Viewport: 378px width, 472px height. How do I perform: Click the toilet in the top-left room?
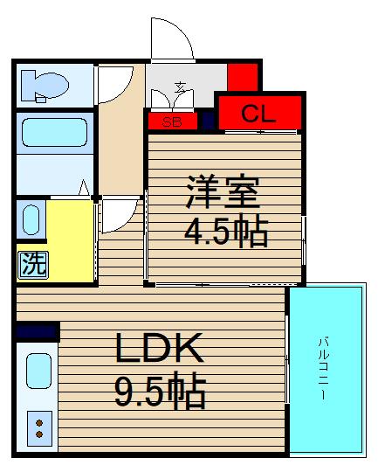[45, 85]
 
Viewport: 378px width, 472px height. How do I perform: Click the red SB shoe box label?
[173, 121]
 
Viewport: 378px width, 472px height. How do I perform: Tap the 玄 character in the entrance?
[180, 87]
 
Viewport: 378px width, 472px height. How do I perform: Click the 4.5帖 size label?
[224, 232]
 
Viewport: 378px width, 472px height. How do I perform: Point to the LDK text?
[162, 351]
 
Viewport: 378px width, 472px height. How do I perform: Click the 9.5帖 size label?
[161, 393]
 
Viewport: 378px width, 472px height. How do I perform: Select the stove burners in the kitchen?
[39, 427]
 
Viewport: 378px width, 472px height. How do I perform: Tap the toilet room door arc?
[113, 84]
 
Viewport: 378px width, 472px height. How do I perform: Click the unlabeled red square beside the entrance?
[244, 77]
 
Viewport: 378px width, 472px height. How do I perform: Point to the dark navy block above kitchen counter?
[37, 331]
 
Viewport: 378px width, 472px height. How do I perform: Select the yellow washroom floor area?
[70, 240]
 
